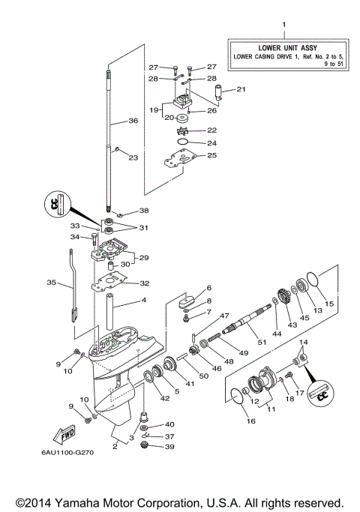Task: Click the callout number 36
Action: pyautogui.click(x=133, y=121)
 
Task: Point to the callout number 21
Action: pyautogui.click(x=240, y=89)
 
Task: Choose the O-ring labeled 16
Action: pyautogui.click(x=238, y=396)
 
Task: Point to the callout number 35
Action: pyautogui.click(x=51, y=283)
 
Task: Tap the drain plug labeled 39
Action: pyautogui.click(x=147, y=447)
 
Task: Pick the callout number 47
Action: pyautogui.click(x=204, y=317)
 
